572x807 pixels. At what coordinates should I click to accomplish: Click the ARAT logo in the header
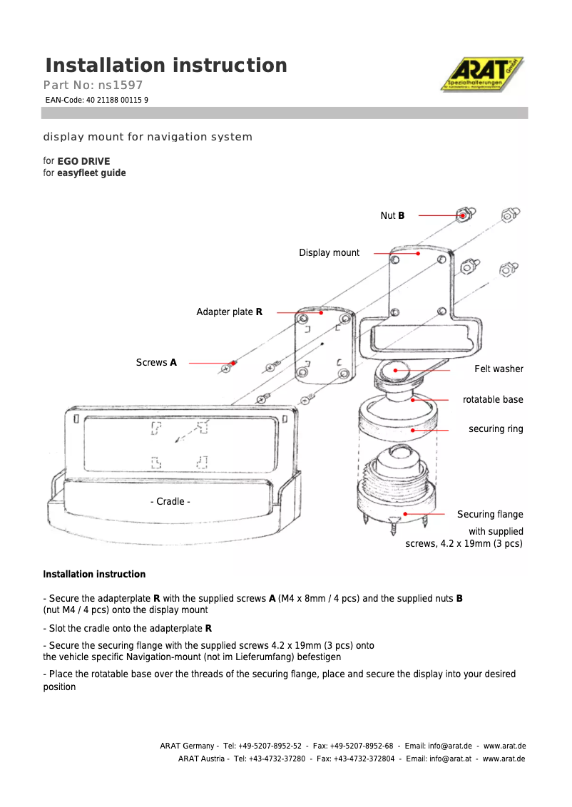(481, 74)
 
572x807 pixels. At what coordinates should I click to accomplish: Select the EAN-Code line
(96, 101)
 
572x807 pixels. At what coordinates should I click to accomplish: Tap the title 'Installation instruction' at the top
(166, 66)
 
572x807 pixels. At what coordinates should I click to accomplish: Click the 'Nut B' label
(392, 215)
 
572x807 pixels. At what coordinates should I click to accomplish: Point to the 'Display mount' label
(329, 253)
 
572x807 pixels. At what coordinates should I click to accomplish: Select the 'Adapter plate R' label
(229, 312)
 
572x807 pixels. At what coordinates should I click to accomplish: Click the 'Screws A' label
(156, 363)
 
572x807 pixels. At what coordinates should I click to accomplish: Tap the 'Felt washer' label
(499, 369)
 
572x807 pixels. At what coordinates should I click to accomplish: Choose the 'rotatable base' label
(493, 400)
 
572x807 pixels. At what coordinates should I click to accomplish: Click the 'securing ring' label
(496, 429)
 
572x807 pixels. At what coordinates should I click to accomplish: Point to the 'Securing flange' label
(490, 515)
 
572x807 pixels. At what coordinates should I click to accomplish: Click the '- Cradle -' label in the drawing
(170, 502)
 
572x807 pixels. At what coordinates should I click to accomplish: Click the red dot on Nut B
(463, 215)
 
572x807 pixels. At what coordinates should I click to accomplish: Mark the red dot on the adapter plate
(322, 312)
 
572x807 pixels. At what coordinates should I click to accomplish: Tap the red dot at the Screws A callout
(234, 363)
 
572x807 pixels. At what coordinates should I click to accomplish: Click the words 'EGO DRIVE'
(83, 161)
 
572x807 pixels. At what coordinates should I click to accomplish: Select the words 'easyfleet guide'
(91, 173)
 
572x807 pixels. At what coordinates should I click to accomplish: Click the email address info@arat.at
(449, 759)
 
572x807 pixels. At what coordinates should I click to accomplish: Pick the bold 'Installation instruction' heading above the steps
(94, 575)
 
